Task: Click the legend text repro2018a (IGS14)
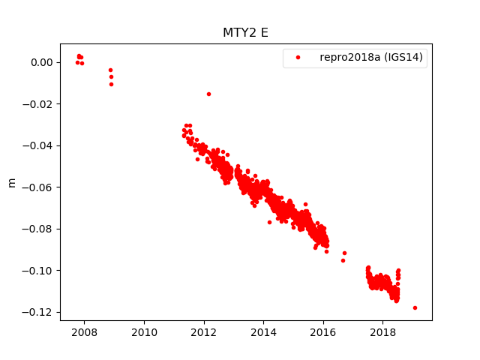pyautogui.click(x=373, y=57)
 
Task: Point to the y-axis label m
pyautogui.click(x=11, y=182)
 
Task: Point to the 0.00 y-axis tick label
pyautogui.click(x=42, y=62)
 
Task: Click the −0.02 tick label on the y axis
pyautogui.click(x=39, y=104)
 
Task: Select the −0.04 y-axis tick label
pyautogui.click(x=39, y=145)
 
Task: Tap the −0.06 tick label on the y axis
pyautogui.click(x=39, y=187)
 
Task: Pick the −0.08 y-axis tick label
pyautogui.click(x=39, y=229)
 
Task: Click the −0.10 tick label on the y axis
pyautogui.click(x=39, y=270)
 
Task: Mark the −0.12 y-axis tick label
pyautogui.click(x=39, y=312)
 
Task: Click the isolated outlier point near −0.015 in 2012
pyautogui.click(x=208, y=94)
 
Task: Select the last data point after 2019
pyautogui.click(x=415, y=307)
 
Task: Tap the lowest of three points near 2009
pyautogui.click(x=111, y=84)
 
